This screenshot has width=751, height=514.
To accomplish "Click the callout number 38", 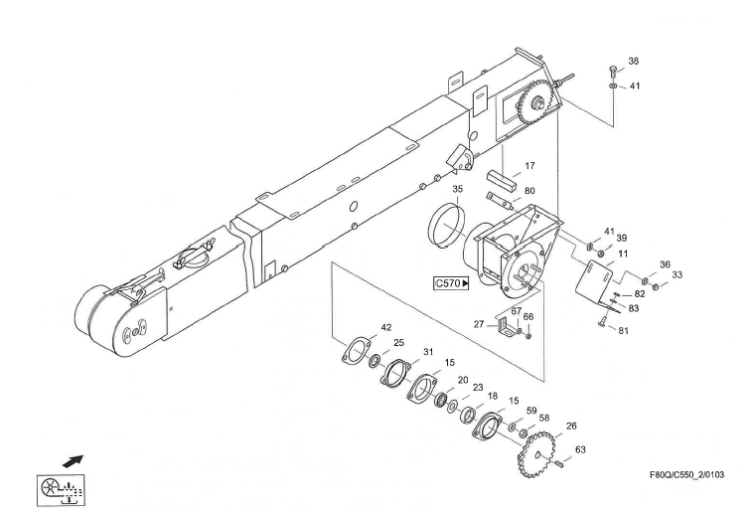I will pos(634,61).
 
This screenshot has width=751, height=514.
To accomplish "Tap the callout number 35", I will pos(458,188).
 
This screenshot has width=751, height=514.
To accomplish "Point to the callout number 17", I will pos(530,166).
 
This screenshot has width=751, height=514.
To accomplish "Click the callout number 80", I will pos(530,192).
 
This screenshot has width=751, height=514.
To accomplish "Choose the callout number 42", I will pos(386,327).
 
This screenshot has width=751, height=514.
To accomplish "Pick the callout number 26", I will pos(569,428).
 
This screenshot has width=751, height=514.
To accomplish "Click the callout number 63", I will pos(581,450).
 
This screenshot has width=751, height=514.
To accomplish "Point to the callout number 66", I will pos(528,317).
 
